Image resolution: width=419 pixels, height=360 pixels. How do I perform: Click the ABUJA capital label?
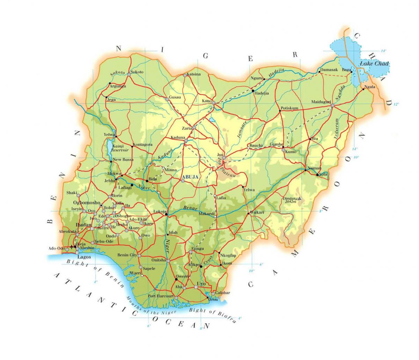click(x=190, y=177)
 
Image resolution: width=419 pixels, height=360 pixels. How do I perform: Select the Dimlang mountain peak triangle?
click(x=299, y=199)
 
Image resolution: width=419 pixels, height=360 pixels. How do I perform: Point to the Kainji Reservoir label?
click(x=120, y=147)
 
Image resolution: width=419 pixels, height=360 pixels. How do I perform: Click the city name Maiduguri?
click(x=321, y=102)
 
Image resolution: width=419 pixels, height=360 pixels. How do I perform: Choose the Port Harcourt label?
click(x=161, y=296)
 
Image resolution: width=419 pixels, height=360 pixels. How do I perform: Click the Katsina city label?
click(x=194, y=74)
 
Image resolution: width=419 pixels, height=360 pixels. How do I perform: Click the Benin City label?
click(x=128, y=255)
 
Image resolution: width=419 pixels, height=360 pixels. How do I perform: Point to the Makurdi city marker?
click(x=215, y=217)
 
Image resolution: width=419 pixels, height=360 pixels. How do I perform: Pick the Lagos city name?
click(x=84, y=257)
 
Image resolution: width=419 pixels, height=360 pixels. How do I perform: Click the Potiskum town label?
click(x=289, y=108)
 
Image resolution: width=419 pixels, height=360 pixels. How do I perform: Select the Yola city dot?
click(x=317, y=174)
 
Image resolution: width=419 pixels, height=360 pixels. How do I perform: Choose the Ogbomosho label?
click(x=87, y=203)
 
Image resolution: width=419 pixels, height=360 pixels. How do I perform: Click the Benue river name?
click(x=189, y=209)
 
